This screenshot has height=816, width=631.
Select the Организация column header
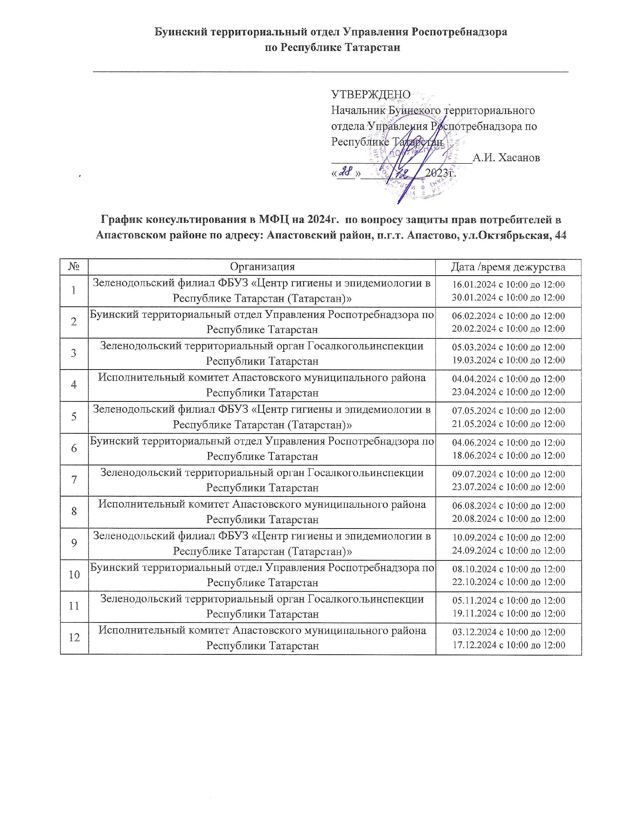click(x=262, y=267)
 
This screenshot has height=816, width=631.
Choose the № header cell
click(x=74, y=267)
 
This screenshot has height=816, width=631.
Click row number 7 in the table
click(x=74, y=480)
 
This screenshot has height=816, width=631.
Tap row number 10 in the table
click(x=74, y=575)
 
